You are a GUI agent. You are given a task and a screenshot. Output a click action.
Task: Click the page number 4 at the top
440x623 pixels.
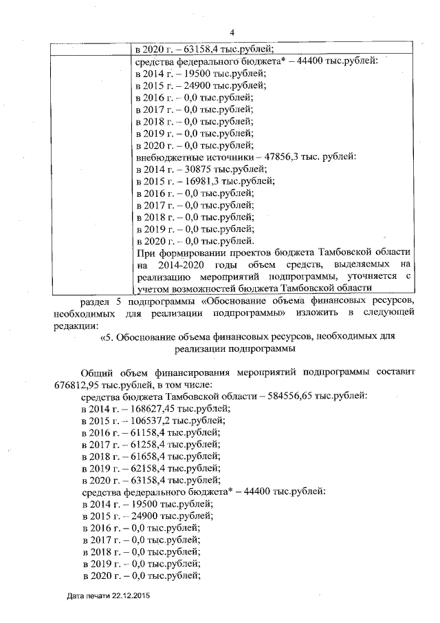coord(232,32)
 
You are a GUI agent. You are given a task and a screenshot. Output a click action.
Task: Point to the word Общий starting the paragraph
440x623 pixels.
coord(98,372)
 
